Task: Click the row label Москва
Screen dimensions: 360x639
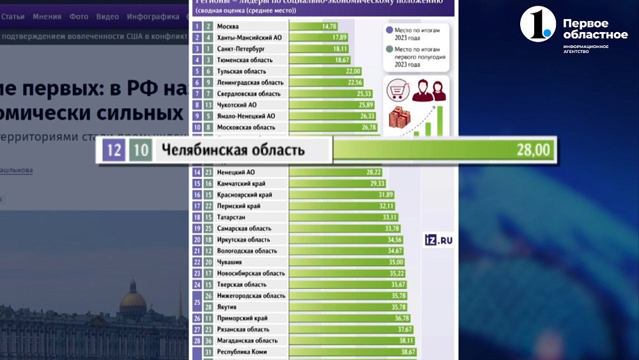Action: click(228, 26)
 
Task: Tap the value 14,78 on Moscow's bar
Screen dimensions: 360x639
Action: click(330, 26)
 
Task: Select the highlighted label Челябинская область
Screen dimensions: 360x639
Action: click(233, 151)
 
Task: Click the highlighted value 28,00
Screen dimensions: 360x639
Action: click(532, 151)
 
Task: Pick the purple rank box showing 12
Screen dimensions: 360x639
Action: click(114, 151)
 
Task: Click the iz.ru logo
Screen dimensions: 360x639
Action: click(439, 240)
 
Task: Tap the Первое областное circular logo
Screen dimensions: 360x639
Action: click(536, 24)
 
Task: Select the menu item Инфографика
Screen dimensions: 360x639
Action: click(153, 17)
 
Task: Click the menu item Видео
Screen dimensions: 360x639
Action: click(107, 17)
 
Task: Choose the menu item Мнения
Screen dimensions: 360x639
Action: click(48, 17)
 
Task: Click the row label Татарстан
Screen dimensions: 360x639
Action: click(232, 217)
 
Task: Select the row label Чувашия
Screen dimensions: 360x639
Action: click(229, 262)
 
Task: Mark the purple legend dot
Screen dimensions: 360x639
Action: click(390, 30)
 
